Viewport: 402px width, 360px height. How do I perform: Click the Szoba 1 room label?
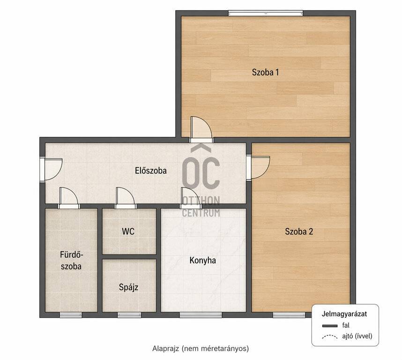coord(265,72)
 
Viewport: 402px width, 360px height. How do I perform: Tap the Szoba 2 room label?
coord(299,232)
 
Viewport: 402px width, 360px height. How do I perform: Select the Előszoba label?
coord(151,171)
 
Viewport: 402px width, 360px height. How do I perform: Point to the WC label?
coord(128,232)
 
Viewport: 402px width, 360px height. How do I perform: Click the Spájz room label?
coord(128,287)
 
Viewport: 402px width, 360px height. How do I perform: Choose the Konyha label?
coord(202,261)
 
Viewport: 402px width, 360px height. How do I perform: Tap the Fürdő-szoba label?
coord(71,261)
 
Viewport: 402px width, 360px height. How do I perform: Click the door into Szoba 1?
coord(201,129)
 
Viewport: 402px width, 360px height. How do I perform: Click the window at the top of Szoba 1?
coord(266,13)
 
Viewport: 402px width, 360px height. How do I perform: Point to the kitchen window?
coord(201,315)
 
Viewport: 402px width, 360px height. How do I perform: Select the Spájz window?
coord(129,315)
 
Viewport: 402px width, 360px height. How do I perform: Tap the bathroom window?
coord(71,315)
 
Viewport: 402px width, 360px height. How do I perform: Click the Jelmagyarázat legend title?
coord(344,314)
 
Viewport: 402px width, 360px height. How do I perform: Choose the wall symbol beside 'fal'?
coord(330,326)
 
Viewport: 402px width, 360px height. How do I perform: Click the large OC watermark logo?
coord(201,167)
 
